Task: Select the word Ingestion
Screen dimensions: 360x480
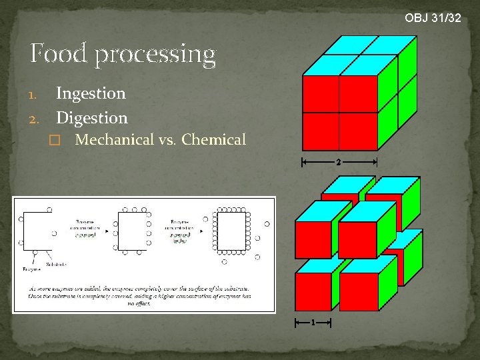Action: (x=91, y=93)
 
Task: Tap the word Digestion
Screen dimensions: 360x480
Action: (x=92, y=118)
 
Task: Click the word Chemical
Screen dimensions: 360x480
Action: (x=213, y=140)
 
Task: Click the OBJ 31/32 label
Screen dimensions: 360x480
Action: (x=433, y=18)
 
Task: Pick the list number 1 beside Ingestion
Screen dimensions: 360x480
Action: (x=37, y=95)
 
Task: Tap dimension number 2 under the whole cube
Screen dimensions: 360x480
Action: (x=339, y=162)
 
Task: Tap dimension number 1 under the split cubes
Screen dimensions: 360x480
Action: (x=313, y=323)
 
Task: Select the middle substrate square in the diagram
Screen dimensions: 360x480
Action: (x=132, y=229)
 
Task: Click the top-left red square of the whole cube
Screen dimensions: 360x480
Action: (x=321, y=94)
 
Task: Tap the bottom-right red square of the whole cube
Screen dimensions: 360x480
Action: (x=359, y=131)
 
